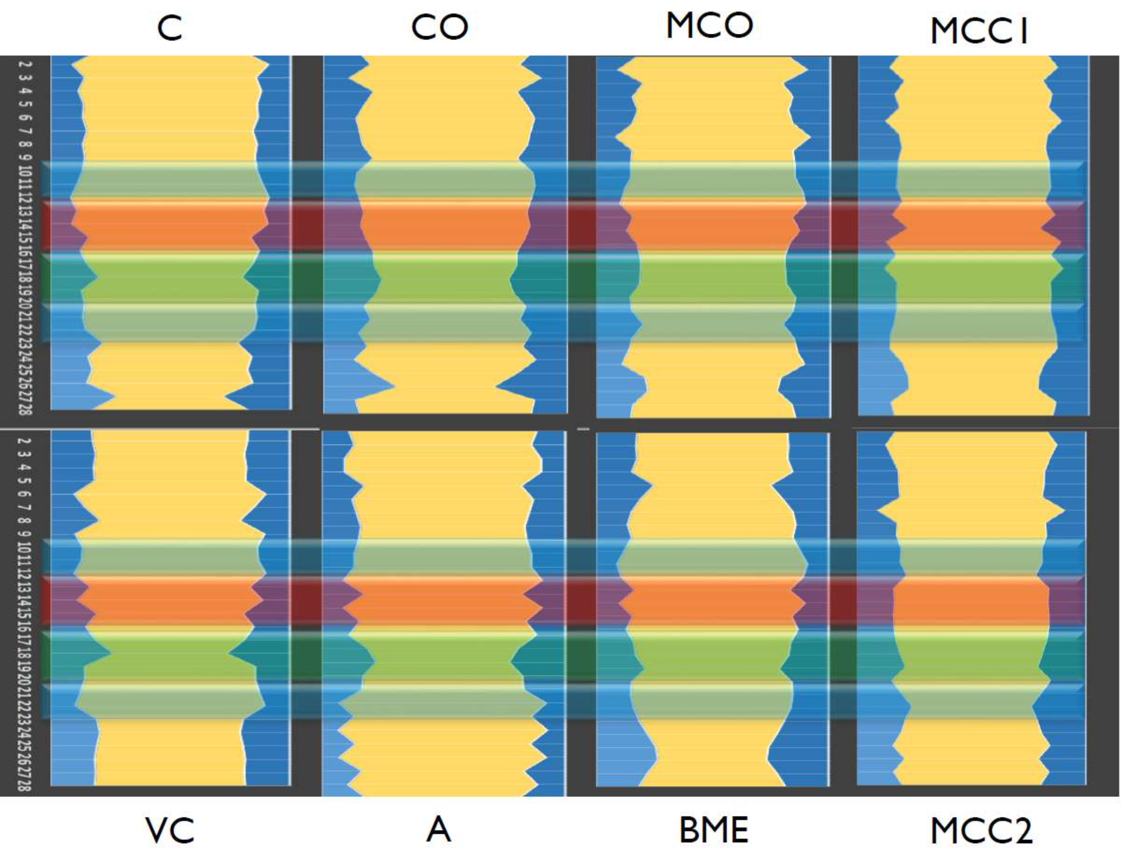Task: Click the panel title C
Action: click(170, 29)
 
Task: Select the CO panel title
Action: click(440, 28)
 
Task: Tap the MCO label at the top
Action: click(709, 25)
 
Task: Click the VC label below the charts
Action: click(170, 830)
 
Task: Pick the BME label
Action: click(713, 830)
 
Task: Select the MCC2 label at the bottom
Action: click(981, 831)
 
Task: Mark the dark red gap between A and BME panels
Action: click(582, 600)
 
